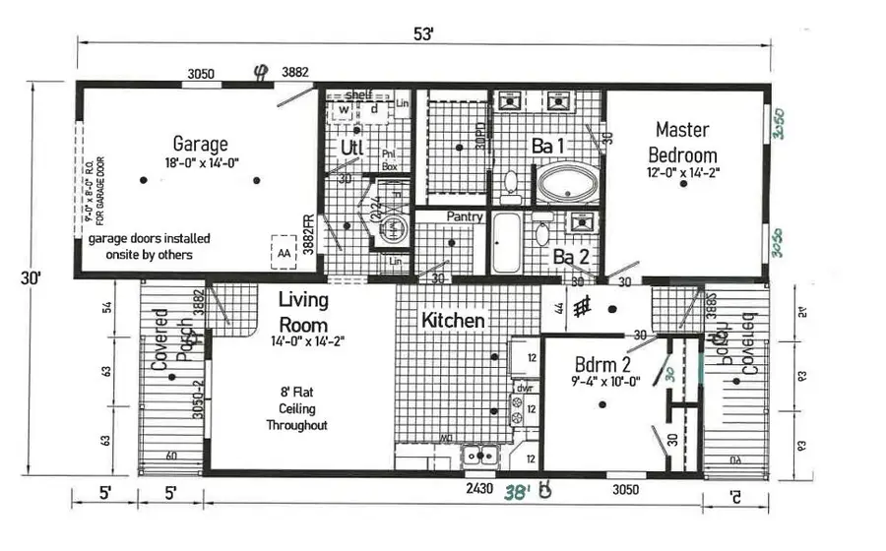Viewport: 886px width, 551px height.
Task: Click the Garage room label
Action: click(x=200, y=144)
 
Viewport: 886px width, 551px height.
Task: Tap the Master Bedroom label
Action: click(x=686, y=142)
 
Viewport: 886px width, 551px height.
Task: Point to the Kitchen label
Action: click(x=453, y=321)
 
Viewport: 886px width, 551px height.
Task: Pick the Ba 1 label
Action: click(x=549, y=146)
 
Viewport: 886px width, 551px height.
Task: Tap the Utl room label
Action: click(x=352, y=148)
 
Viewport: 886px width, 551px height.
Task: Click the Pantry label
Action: click(x=463, y=215)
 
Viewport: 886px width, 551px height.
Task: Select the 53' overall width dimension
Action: click(x=423, y=33)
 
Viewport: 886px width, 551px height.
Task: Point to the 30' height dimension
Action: click(x=34, y=278)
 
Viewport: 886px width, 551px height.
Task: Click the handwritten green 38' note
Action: click(x=516, y=491)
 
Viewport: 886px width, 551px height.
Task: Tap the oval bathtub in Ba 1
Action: click(x=567, y=183)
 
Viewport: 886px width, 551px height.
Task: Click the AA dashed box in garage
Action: click(x=285, y=252)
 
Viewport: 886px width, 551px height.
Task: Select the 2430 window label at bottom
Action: click(x=478, y=489)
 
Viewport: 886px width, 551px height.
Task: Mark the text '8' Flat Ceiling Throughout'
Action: click(x=296, y=407)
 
